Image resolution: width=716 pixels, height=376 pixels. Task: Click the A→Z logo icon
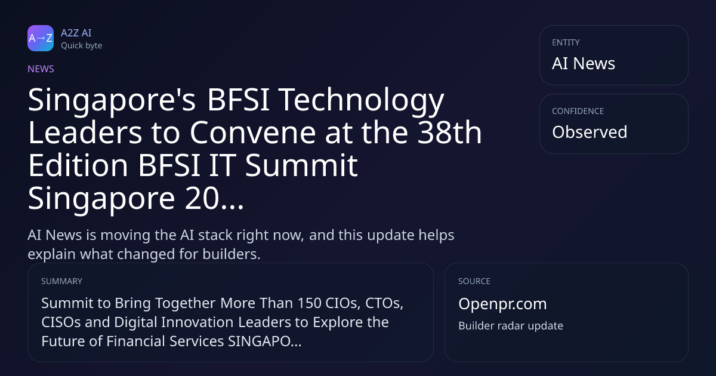[x=41, y=38]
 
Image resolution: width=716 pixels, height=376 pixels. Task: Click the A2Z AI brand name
[x=76, y=33]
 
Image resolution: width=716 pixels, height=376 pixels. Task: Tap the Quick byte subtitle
[x=82, y=46]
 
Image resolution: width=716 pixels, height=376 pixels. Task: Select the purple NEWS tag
[x=41, y=69]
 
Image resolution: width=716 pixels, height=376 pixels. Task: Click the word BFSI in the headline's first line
[x=238, y=100]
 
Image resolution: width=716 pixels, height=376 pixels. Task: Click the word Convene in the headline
[x=253, y=132]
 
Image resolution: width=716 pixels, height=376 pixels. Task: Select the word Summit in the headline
[x=301, y=165]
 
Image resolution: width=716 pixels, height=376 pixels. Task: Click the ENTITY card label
[x=566, y=42]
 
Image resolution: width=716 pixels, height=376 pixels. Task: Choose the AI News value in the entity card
[x=584, y=63]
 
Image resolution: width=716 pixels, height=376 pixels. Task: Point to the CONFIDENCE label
[x=578, y=111]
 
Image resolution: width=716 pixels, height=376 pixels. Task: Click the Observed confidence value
[x=590, y=132]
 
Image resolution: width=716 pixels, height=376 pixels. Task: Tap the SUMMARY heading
[x=61, y=281]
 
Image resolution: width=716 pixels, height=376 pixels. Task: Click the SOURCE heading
[x=474, y=281]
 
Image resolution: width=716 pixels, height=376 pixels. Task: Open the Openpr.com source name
[x=502, y=304]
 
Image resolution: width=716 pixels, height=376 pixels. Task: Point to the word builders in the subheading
[x=232, y=254]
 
